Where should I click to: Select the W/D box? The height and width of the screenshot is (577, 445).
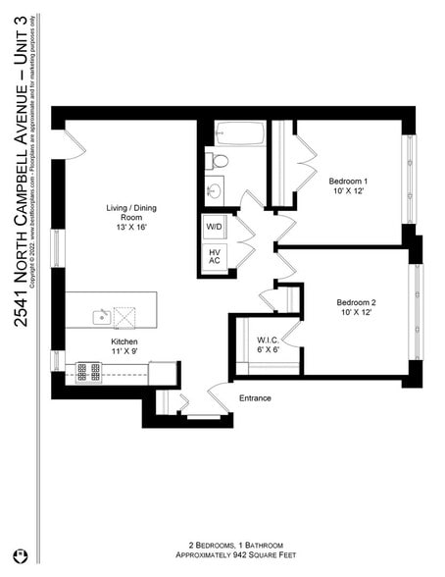click(x=214, y=227)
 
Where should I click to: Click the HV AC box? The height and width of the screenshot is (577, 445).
click(x=214, y=258)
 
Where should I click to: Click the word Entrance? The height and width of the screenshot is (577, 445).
click(x=254, y=397)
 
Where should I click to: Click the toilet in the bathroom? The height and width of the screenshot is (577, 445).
click(x=220, y=160)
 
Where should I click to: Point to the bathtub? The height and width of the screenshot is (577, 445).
click(x=240, y=133)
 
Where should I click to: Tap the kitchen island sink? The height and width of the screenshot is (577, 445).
click(x=101, y=315)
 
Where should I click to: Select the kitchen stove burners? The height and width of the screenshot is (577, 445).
click(x=88, y=371)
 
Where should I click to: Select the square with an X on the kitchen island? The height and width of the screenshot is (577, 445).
click(x=125, y=315)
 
